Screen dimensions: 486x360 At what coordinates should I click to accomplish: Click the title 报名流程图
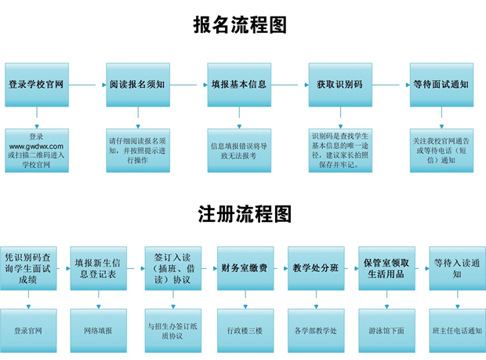click(240, 25)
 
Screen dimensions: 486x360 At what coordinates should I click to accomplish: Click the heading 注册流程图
click(245, 214)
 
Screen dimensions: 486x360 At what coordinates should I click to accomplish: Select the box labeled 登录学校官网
click(37, 85)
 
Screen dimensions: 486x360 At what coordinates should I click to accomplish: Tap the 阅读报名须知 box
click(138, 85)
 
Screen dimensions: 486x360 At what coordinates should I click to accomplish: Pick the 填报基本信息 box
click(239, 85)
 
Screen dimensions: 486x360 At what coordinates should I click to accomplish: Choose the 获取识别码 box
click(340, 85)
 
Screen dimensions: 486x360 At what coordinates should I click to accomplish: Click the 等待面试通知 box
click(441, 85)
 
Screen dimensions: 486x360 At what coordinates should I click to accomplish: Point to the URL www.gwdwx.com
click(36, 147)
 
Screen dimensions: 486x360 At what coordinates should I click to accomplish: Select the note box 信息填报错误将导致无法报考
click(239, 151)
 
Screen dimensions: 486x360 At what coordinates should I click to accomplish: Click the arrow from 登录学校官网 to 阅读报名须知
click(88, 85)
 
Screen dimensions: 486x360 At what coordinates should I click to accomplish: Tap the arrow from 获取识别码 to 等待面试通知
click(391, 85)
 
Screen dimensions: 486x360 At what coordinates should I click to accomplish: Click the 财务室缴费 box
click(245, 268)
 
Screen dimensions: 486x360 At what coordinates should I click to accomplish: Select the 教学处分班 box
click(316, 268)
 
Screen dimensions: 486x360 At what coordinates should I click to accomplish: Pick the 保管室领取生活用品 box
click(386, 268)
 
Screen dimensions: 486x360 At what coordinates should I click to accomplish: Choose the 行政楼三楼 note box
click(245, 330)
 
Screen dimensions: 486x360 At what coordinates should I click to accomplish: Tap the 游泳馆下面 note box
click(386, 330)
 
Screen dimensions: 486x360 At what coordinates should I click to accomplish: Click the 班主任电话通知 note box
click(458, 330)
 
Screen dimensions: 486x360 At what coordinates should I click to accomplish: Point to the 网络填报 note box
click(99, 330)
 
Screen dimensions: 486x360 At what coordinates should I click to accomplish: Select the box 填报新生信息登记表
click(99, 268)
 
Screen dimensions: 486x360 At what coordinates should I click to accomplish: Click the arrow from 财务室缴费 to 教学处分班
click(281, 268)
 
